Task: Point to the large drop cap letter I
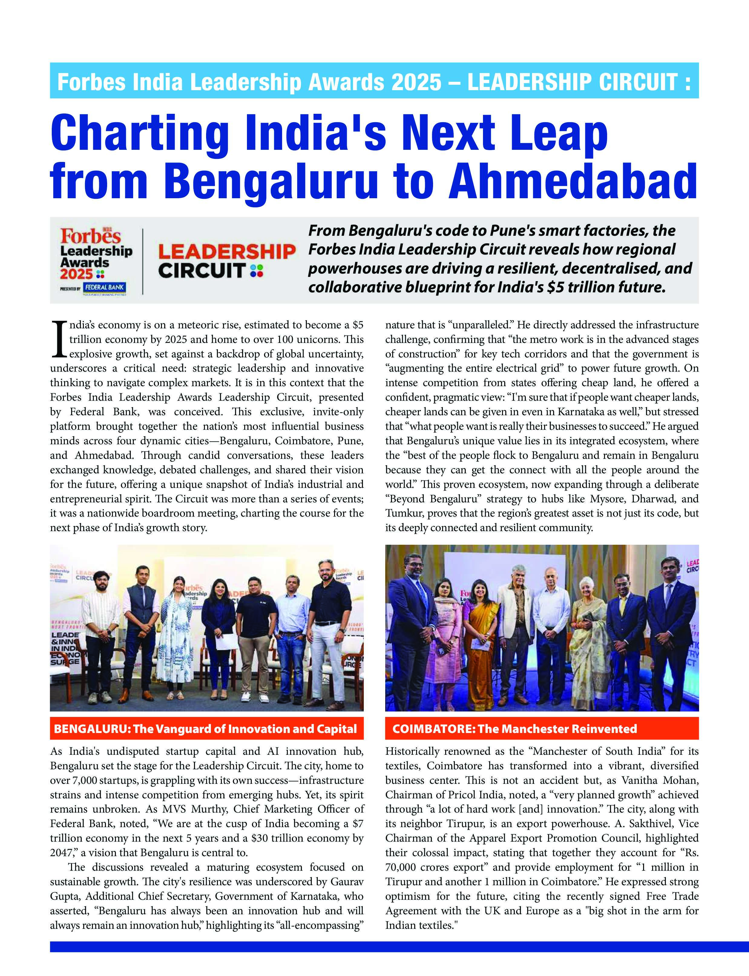point(58,340)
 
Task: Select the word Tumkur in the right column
point(404,513)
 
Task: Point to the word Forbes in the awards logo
point(90,236)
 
